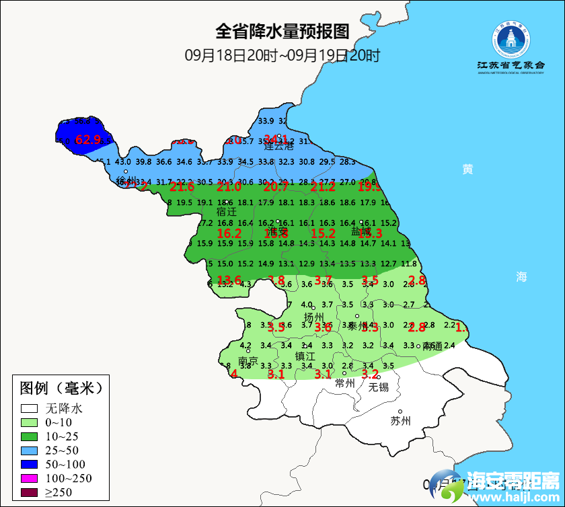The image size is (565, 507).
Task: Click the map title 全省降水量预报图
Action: tap(282, 32)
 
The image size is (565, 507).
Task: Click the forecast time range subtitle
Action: tap(282, 55)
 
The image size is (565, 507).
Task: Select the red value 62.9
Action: tap(87, 140)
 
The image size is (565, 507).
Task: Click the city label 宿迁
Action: tap(226, 211)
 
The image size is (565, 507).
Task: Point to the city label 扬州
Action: tap(313, 317)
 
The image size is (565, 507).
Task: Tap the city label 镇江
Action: tap(305, 356)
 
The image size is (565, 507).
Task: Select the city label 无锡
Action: tap(378, 387)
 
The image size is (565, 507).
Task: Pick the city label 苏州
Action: tap(400, 422)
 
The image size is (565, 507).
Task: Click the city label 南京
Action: tap(248, 361)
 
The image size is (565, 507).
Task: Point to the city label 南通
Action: tap(432, 346)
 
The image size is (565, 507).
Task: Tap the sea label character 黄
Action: tap(467, 169)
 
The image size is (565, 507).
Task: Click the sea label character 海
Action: tap(522, 276)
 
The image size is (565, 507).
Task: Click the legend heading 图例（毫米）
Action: tap(61, 388)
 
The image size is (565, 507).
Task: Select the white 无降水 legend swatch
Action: tap(29, 408)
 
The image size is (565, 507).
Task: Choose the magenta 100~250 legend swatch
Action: tap(29, 479)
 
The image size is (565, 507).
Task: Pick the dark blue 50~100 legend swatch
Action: tap(29, 465)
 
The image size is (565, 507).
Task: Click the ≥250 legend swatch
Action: tap(29, 493)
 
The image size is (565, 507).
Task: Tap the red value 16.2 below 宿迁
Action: tap(229, 233)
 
